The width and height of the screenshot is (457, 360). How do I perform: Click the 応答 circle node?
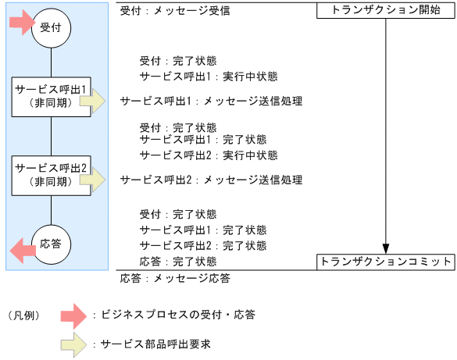(51, 244)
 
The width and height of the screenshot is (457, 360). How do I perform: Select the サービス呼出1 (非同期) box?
(51, 96)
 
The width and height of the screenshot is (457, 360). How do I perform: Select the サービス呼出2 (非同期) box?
(51, 174)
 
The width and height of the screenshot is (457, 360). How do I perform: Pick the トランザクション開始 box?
(386, 11)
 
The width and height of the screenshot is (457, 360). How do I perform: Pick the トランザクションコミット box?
(386, 262)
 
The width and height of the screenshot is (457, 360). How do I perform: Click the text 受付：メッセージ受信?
(175, 12)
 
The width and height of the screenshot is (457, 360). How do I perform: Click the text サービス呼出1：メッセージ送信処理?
(211, 101)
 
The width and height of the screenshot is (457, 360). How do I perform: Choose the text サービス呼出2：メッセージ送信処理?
(211, 180)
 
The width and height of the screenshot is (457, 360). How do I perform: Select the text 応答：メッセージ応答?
(175, 277)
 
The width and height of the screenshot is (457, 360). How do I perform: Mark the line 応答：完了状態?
(178, 261)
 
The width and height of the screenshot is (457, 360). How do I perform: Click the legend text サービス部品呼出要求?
(155, 344)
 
